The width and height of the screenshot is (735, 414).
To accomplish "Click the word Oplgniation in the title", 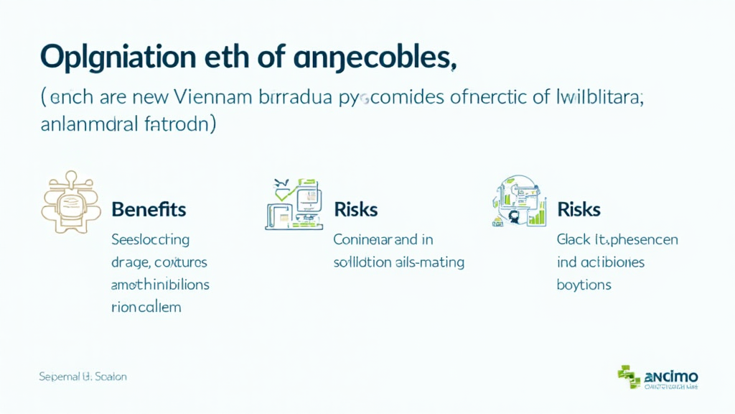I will tap(118, 57).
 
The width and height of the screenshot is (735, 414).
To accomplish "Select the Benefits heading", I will tap(149, 209).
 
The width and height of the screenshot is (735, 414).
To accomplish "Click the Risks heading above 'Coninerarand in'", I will tap(356, 209).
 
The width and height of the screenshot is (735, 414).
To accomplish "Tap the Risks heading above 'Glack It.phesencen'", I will tap(579, 209).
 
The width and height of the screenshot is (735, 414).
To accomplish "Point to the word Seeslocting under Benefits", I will tap(150, 239).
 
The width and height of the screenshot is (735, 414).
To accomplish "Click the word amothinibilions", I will tap(160, 285).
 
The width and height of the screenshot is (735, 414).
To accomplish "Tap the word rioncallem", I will tap(146, 307).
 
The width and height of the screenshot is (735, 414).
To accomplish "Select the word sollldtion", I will tap(362, 262).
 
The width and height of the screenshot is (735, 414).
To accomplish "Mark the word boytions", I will tap(584, 285).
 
